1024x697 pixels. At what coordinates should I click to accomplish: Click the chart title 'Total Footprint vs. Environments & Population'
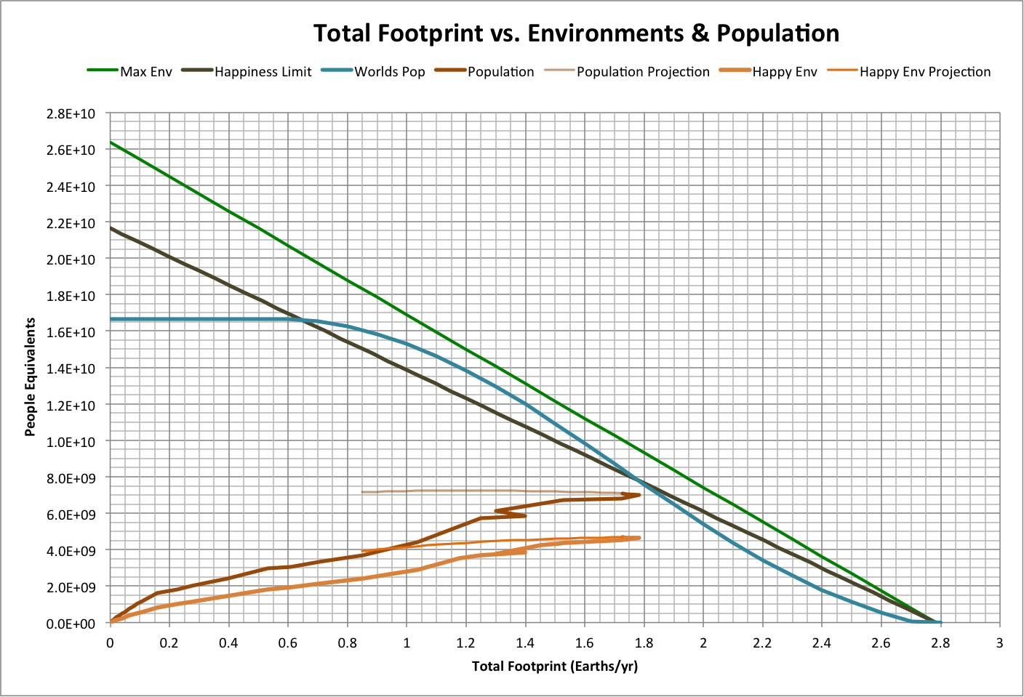pyautogui.click(x=576, y=33)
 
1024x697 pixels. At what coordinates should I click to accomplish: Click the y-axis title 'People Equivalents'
pyautogui.click(x=30, y=377)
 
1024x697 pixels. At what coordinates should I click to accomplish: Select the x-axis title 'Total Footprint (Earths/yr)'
pyautogui.click(x=554, y=666)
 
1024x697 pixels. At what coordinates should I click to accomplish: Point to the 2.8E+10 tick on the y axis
pyautogui.click(x=71, y=113)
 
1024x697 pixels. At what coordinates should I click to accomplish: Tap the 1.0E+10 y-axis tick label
pyautogui.click(x=71, y=442)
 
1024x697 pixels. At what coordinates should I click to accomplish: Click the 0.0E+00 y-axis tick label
pyautogui.click(x=71, y=624)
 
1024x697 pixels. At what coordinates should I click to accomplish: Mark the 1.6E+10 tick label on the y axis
pyautogui.click(x=71, y=332)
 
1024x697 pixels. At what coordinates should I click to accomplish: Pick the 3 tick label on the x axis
pyautogui.click(x=999, y=642)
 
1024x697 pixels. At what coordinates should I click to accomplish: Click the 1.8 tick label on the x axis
pyautogui.click(x=644, y=642)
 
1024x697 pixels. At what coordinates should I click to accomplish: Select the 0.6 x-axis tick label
pyautogui.click(x=288, y=642)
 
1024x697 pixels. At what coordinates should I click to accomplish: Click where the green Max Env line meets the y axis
pyautogui.click(x=111, y=142)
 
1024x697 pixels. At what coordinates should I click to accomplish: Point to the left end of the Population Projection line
pyautogui.click(x=362, y=492)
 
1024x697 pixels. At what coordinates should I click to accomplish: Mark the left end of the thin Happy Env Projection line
pyautogui.click(x=362, y=551)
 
